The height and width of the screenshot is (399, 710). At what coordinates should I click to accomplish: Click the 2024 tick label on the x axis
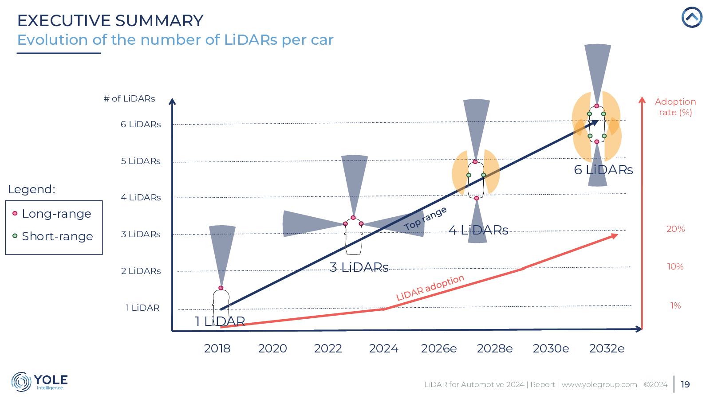[383, 348]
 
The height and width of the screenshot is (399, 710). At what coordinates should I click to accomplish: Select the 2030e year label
[551, 348]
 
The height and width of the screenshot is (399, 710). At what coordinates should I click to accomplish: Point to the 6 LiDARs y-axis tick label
[141, 125]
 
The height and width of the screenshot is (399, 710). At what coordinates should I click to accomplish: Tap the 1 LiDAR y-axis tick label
[142, 308]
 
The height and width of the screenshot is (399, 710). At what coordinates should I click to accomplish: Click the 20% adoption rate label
[675, 229]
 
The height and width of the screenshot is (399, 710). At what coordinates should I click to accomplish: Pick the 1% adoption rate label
[675, 305]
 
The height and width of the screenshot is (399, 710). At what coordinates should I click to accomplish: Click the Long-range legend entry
[56, 214]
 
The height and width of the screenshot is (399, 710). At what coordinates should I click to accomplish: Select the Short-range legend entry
[57, 236]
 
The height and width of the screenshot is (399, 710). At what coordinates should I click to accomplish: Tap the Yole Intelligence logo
[39, 382]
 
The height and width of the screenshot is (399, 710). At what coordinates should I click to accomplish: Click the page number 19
[685, 384]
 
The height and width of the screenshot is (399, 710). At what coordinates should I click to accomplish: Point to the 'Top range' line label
[425, 219]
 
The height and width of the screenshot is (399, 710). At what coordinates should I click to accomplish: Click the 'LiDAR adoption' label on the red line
[430, 288]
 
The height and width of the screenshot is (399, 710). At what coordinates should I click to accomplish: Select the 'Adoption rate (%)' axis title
[675, 107]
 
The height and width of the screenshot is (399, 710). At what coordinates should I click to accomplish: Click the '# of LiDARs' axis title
[129, 98]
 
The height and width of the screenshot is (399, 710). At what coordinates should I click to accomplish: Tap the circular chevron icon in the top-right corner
[692, 18]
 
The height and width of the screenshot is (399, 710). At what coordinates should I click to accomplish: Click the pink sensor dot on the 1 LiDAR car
[221, 288]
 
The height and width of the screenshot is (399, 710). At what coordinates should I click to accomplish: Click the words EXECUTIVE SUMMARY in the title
[110, 20]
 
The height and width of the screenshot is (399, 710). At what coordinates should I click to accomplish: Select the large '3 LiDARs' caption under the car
[359, 267]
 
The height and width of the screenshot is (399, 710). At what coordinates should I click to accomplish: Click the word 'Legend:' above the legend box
[32, 189]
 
